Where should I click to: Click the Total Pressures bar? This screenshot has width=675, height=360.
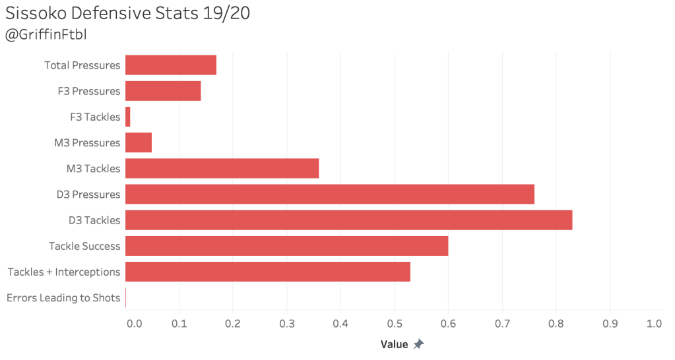click(171, 65)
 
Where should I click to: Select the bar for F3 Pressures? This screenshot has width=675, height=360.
click(163, 91)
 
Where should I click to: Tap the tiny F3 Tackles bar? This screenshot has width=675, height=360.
click(128, 117)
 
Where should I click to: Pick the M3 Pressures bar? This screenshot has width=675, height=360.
click(139, 142)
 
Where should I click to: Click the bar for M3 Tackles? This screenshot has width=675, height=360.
click(222, 168)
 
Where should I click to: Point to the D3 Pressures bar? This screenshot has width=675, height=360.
click(329, 195)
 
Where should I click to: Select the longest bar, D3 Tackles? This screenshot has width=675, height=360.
click(348, 220)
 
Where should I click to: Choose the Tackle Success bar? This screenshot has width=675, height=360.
click(286, 246)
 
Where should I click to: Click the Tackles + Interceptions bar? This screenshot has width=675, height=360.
click(268, 272)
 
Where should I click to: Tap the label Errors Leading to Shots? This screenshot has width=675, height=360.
click(63, 298)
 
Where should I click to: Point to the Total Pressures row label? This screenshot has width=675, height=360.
click(82, 65)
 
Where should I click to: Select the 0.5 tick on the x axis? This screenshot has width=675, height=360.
click(394, 324)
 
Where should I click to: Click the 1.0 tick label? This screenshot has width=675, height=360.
click(654, 324)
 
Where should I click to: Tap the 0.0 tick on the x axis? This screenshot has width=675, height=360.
click(133, 324)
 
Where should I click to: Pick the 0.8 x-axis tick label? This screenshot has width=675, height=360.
click(556, 324)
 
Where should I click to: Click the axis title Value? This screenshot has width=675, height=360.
click(395, 344)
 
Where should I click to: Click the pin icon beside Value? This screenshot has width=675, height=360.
click(418, 344)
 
